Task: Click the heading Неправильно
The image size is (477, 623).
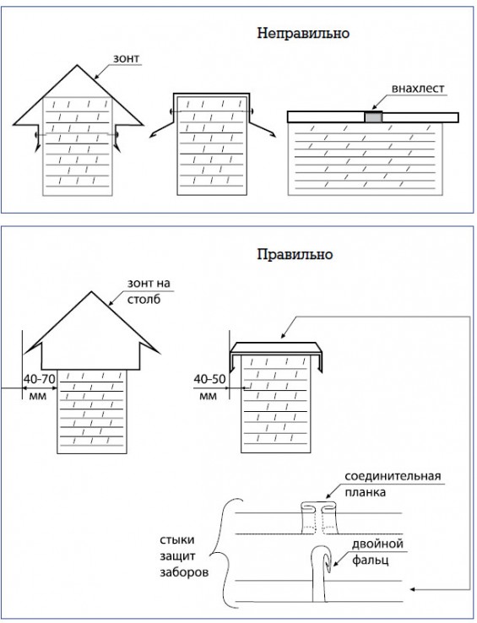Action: click(303, 34)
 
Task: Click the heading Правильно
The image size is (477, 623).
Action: click(295, 255)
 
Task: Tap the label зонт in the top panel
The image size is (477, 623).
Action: click(126, 59)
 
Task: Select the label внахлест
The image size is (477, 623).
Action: click(418, 88)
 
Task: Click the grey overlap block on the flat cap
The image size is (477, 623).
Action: click(373, 117)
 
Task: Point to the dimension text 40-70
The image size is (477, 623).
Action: click(39, 379)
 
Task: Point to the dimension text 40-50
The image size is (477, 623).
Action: click(209, 379)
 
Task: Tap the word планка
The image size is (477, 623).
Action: click(365, 493)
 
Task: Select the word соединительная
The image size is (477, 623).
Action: click(393, 476)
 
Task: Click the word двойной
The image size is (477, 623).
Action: click(377, 544)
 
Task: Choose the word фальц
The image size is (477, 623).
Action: click(370, 561)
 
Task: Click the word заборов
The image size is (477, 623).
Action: click(184, 573)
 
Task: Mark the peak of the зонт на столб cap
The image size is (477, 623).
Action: click(92, 291)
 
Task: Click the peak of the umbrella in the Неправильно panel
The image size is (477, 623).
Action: click(77, 66)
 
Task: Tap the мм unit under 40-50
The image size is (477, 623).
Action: click(208, 396)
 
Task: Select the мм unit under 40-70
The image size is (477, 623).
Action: click(38, 396)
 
